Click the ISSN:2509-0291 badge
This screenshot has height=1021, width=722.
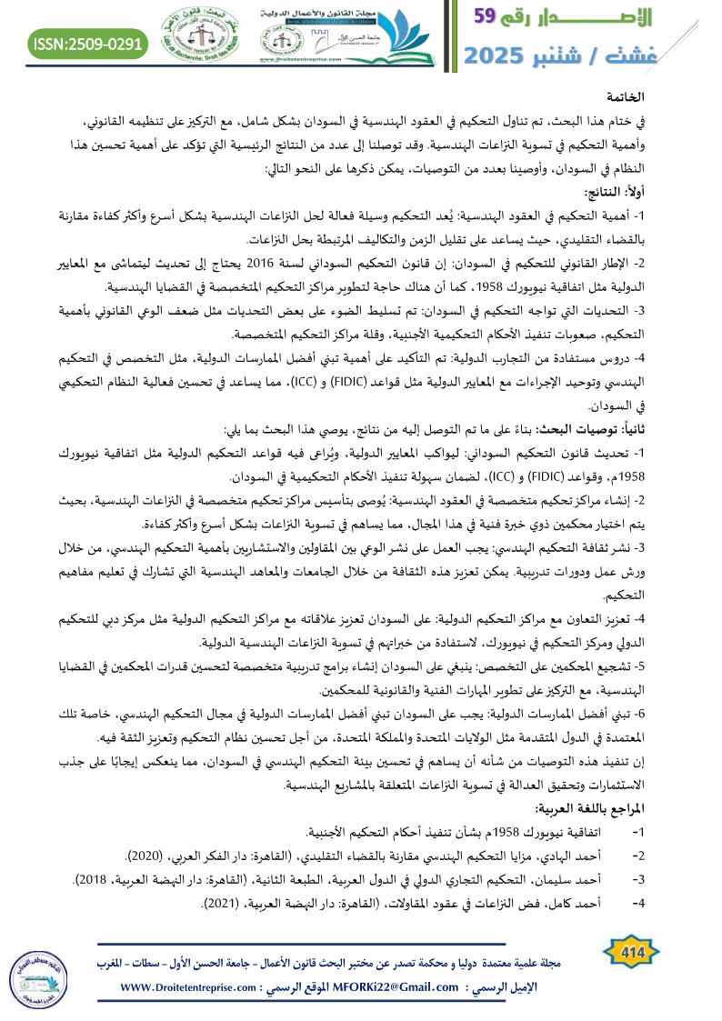87,43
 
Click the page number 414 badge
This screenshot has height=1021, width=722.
627,970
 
